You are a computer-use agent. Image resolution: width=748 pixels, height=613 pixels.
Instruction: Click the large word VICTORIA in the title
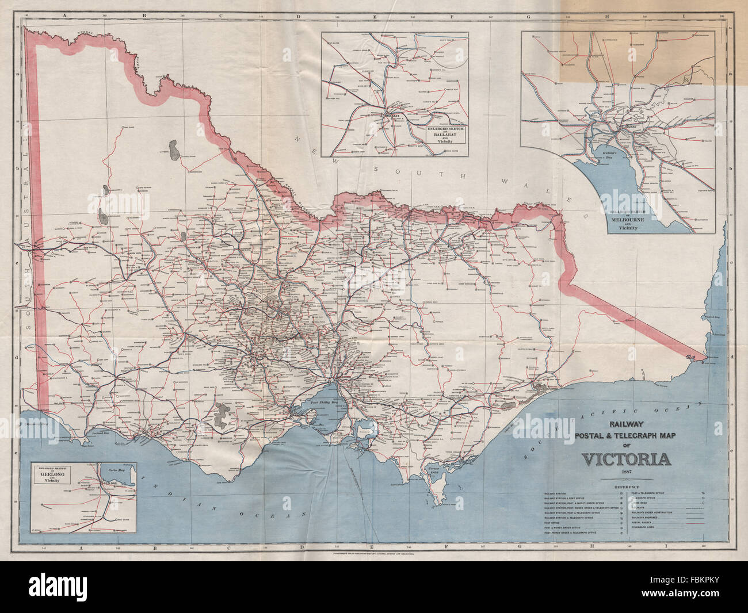point(627,459)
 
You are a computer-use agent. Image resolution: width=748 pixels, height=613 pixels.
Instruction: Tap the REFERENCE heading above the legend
point(627,487)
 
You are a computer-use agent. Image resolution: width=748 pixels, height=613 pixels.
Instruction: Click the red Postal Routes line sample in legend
point(695,523)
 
